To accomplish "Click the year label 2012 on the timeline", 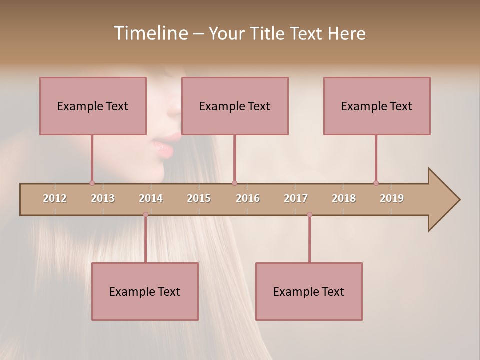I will click(55, 198).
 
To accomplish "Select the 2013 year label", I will click(103, 198).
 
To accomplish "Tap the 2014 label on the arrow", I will click(151, 198).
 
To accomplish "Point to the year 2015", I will click(199, 198).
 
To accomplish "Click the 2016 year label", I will click(248, 198).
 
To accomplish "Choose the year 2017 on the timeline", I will click(296, 198).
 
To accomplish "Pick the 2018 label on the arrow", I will click(344, 198).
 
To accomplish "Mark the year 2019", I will click(392, 198).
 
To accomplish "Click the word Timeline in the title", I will click(150, 33).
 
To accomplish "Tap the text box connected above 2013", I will click(93, 106).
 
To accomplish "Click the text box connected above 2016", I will click(235, 106).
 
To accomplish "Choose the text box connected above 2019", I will click(377, 106).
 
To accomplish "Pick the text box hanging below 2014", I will click(145, 291).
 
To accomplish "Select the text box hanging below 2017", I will click(309, 291).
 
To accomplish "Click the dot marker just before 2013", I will click(92, 183).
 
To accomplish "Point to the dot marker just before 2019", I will click(376, 183).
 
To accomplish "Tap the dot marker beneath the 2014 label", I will click(145, 214).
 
